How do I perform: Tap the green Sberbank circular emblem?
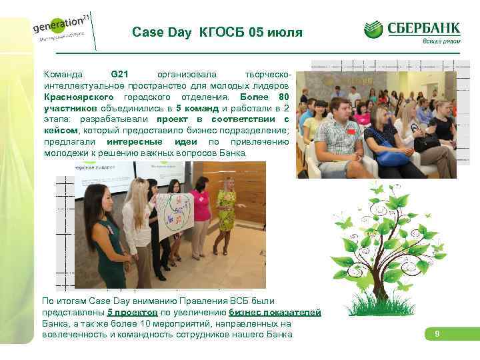click(x=374, y=29)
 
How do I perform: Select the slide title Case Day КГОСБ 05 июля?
click(x=217, y=32)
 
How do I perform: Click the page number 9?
click(x=437, y=333)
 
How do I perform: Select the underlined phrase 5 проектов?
click(x=132, y=312)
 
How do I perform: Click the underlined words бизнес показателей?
click(x=275, y=312)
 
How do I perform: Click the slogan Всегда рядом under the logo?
click(x=440, y=41)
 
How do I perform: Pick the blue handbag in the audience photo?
click(x=392, y=157)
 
